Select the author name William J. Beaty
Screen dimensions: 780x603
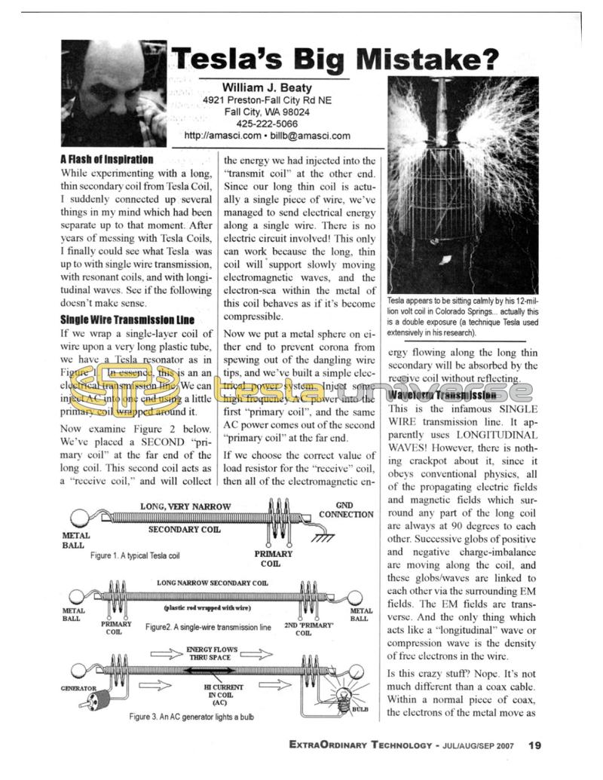coord(267,87)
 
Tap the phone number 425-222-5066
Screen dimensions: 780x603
coord(267,124)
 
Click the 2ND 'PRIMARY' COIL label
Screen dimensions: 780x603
coord(303,629)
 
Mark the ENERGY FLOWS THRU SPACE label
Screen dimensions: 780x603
coord(209,653)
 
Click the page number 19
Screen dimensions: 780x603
coord(534,746)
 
